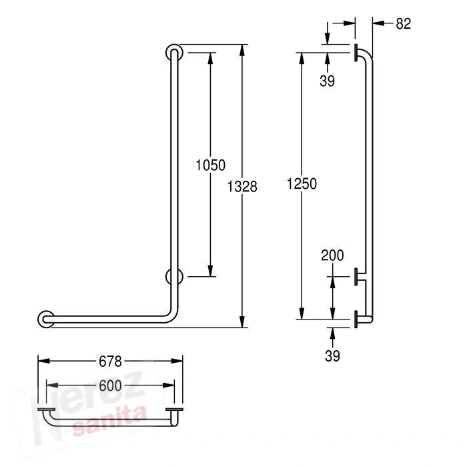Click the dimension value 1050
click(x=210, y=165)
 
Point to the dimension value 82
click(x=403, y=23)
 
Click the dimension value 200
click(x=332, y=255)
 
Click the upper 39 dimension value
click(x=327, y=81)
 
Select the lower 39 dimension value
click(x=332, y=356)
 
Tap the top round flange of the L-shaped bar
click(x=173, y=53)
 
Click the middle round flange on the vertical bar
click(x=173, y=276)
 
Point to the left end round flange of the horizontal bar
click(x=46, y=319)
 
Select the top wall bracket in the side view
click(x=358, y=52)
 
